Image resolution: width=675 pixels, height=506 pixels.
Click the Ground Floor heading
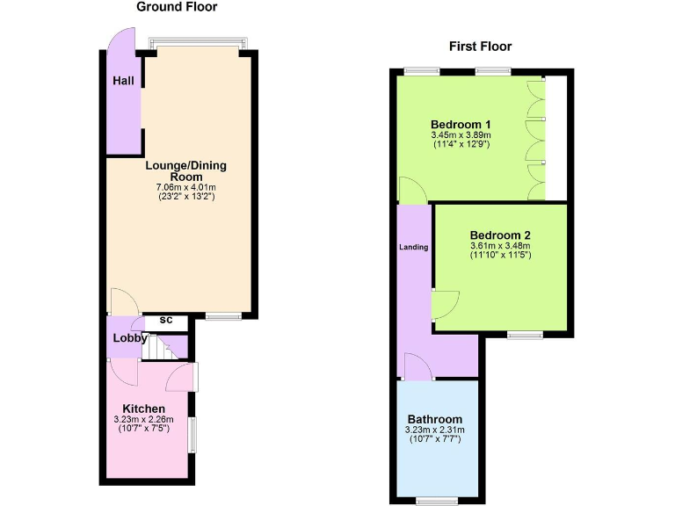click(x=177, y=7)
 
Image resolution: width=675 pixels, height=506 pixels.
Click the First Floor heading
click(x=480, y=47)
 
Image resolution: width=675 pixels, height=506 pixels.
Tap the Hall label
click(x=123, y=81)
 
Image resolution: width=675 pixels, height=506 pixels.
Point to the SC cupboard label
click(x=166, y=321)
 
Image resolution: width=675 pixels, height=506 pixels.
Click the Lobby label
click(x=129, y=338)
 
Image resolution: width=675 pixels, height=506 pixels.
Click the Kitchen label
click(x=143, y=408)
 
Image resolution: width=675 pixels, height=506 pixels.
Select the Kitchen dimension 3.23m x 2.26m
click(x=144, y=420)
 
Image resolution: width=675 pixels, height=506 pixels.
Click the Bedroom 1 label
click(x=461, y=124)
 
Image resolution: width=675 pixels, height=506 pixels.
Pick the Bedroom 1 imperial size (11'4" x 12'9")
click(x=461, y=144)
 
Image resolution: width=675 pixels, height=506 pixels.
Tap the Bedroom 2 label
click(x=500, y=235)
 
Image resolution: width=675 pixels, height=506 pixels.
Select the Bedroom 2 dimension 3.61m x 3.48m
click(x=500, y=246)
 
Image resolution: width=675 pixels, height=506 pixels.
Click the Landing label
click(x=414, y=248)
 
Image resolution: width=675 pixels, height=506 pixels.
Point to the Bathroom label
click(x=434, y=419)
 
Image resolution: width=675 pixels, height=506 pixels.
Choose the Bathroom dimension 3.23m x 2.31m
click(x=434, y=430)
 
